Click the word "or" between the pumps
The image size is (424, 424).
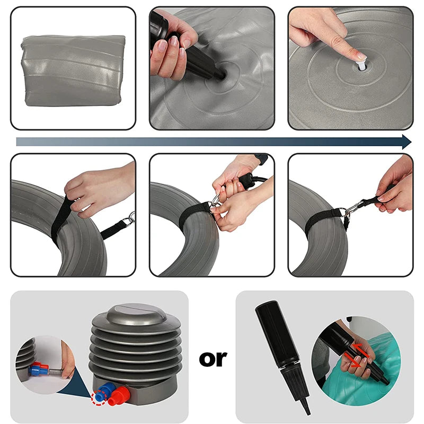pos(213,359)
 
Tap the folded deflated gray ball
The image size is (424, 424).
pos(73,70)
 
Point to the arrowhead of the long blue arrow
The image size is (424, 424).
pos(407,142)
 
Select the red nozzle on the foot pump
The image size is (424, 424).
pos(119,396)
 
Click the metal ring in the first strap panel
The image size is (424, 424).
pos(131,218)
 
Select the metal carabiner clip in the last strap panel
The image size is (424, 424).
pos(354,209)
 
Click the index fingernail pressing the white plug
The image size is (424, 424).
pos(361,56)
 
